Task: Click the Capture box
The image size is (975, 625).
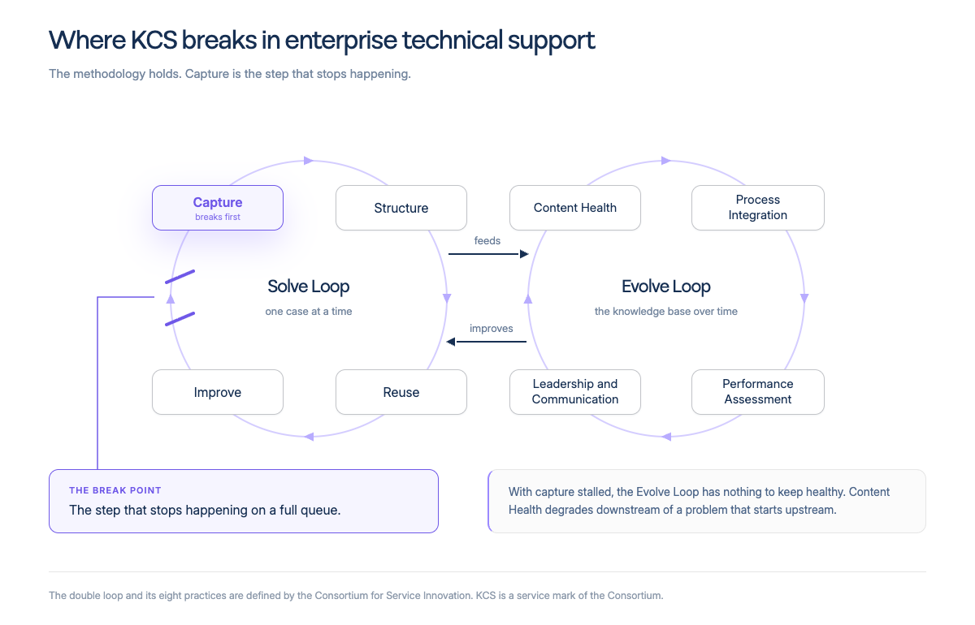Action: [218, 208]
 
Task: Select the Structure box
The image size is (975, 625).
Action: [401, 208]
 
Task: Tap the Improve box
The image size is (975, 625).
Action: [218, 392]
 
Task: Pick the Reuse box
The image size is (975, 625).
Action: [401, 392]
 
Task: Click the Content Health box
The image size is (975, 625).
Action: [575, 208]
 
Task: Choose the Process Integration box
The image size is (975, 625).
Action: [758, 208]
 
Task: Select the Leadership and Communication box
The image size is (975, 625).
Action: [575, 392]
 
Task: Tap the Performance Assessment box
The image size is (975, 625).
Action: [758, 392]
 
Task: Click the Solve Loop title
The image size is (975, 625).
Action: [309, 287]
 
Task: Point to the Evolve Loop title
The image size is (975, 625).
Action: [666, 287]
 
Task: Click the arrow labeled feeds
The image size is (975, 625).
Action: [488, 253]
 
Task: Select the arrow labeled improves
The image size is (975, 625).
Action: [486, 342]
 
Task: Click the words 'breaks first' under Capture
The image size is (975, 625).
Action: [218, 217]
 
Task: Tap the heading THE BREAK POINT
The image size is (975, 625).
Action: [115, 490]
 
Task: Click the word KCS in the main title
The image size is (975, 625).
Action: [154, 40]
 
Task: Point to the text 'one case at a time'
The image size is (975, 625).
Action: [309, 312]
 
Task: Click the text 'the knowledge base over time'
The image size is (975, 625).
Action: [666, 312]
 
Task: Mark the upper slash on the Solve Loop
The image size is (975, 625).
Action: [180, 277]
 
